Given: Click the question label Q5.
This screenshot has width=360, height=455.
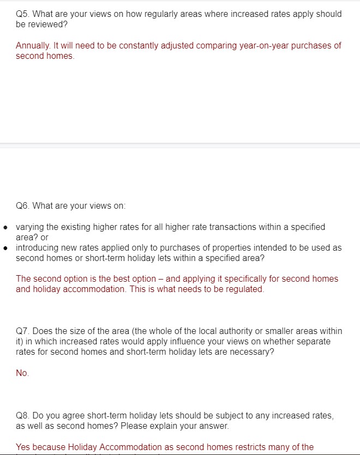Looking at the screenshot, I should pyautogui.click(x=23, y=14).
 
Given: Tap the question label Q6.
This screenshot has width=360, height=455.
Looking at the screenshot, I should pyautogui.click(x=23, y=206).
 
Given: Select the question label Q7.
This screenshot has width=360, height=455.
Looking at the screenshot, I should pyautogui.click(x=23, y=331).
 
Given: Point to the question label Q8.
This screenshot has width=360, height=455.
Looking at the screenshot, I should pyautogui.click(x=23, y=415).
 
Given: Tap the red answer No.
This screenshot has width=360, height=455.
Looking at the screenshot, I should pyautogui.click(x=22, y=373).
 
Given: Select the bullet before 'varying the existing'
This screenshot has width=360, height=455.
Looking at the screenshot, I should pyautogui.click(x=5, y=227).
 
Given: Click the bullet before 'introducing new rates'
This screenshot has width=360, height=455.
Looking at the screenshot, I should pyautogui.click(x=5, y=248).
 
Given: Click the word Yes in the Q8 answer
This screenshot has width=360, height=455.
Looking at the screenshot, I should pyautogui.click(x=23, y=447).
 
